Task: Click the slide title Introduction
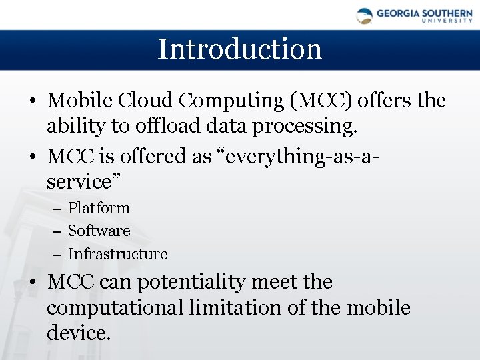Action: tap(239, 49)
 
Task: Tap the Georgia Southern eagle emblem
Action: tap(365, 16)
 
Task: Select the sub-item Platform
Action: tap(99, 208)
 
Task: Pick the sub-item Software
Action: tap(99, 231)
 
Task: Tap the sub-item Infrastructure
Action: tap(117, 254)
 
